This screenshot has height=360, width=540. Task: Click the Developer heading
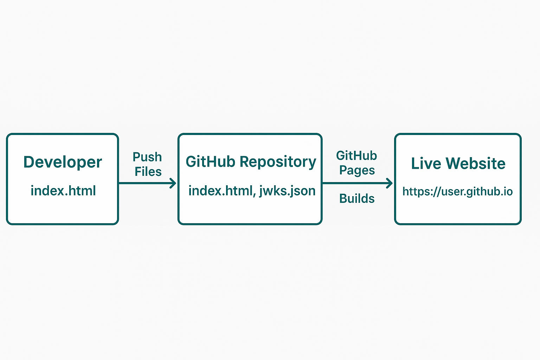click(x=63, y=162)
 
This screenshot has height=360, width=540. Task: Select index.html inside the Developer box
click(x=63, y=191)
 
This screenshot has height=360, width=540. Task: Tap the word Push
click(x=147, y=157)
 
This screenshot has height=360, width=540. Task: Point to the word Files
click(x=148, y=172)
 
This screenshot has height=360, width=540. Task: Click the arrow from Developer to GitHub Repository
click(x=148, y=183)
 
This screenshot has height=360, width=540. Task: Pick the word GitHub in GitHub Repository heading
click(x=210, y=162)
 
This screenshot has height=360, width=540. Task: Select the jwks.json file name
click(x=288, y=191)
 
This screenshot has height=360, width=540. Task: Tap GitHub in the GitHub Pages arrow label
click(x=356, y=155)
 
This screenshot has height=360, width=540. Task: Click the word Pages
click(x=357, y=171)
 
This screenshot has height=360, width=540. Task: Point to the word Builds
click(x=357, y=199)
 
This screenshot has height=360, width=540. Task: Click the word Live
click(x=426, y=163)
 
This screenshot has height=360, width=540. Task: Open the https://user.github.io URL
click(x=457, y=192)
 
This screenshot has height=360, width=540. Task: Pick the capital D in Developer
click(x=29, y=162)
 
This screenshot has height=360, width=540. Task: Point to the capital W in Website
click(x=453, y=163)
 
